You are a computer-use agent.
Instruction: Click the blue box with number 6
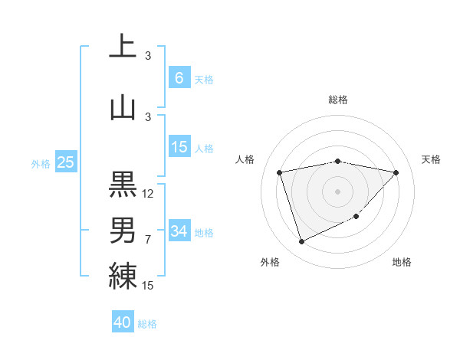pos(179,78)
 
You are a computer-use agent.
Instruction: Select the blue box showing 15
pos(179,147)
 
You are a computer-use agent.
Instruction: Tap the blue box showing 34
pos(179,231)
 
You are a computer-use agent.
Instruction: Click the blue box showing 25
pos(65,162)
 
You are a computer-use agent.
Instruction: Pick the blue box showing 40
pos(123,322)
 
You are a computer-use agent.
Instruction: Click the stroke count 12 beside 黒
pos(148,194)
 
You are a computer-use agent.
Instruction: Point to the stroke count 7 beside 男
pos(148,240)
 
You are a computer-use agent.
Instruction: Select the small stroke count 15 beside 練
pos(148,285)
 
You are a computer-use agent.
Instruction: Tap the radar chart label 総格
pos(338,100)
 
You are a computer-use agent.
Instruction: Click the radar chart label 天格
pos(432,159)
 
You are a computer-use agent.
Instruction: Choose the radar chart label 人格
pos(245,159)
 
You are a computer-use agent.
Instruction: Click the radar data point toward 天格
pos(396,172)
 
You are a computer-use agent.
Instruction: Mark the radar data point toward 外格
pos(301,242)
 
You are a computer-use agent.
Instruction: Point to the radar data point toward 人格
pos(281,172)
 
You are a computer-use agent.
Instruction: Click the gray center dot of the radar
pos(338,191)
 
